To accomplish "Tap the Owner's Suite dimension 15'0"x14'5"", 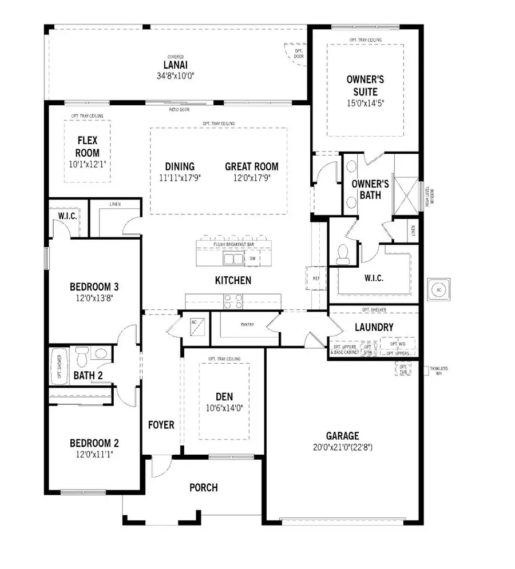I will [366, 104].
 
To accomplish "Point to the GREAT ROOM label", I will [251, 166].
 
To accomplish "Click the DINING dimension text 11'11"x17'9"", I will [180, 177].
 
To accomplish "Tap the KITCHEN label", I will [233, 280].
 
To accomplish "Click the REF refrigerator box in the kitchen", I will [316, 278].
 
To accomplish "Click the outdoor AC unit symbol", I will [438, 289].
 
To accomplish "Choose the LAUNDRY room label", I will [374, 327].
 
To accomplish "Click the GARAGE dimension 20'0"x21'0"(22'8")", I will [343, 447].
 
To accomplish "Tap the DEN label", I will [224, 396].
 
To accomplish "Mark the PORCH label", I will [203, 487].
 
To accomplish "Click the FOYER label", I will [161, 425].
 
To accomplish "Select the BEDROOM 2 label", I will [94, 443].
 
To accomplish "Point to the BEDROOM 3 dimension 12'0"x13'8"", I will [94, 297].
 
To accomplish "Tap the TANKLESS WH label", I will [439, 371].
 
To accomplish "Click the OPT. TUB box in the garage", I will [403, 369].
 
